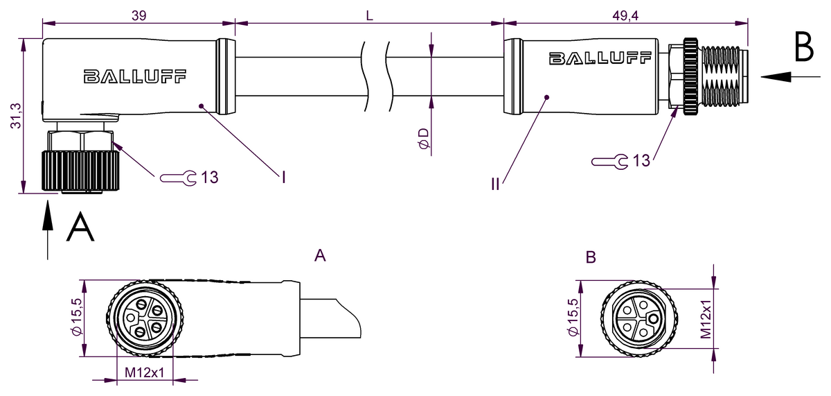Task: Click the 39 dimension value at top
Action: [139, 15]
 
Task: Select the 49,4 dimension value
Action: [625, 15]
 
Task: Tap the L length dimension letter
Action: [370, 15]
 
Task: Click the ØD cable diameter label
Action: [424, 139]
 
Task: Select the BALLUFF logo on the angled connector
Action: [134, 76]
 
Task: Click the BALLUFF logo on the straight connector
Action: [600, 58]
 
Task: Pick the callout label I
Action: [284, 178]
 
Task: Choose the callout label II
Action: [495, 184]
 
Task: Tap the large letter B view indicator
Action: [804, 46]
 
